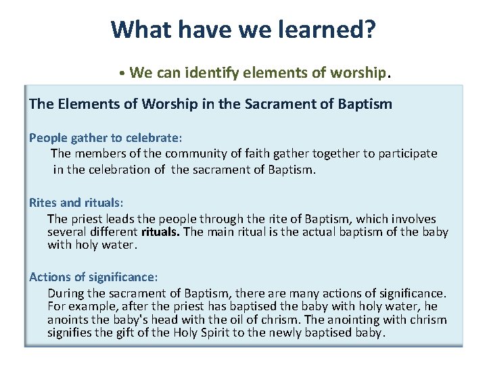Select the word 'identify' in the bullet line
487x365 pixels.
[210, 72]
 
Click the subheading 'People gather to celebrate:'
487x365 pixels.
[106, 138]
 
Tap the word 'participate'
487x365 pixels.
[405, 154]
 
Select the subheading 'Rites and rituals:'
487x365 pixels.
[76, 203]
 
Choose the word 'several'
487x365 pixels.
[66, 233]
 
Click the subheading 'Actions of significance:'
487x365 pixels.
[93, 278]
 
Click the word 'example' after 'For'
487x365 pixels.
[90, 307]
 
